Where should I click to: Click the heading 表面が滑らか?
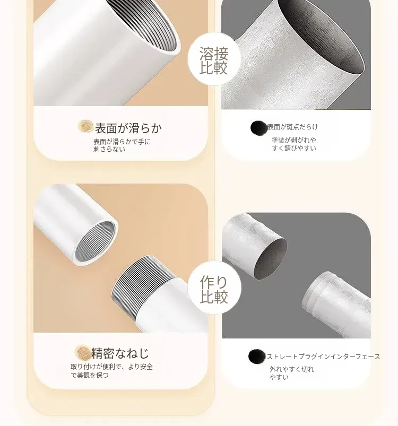click(128, 128)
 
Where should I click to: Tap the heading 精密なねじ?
click(120, 353)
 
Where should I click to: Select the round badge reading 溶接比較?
click(214, 59)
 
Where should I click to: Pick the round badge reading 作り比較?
click(214, 288)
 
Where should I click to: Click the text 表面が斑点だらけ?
click(292, 127)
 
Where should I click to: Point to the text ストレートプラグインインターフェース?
click(323, 357)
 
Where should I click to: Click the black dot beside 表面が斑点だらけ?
click(258, 128)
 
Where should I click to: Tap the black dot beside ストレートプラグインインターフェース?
click(256, 357)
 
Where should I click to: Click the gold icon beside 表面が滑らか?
click(85, 126)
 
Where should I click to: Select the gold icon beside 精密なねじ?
click(82, 352)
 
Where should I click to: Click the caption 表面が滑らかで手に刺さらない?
click(122, 145)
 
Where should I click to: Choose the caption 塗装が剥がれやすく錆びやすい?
click(294, 144)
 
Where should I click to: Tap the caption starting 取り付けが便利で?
click(111, 371)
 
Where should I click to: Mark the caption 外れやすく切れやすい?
click(292, 373)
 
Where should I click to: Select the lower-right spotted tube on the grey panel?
click(337, 305)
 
